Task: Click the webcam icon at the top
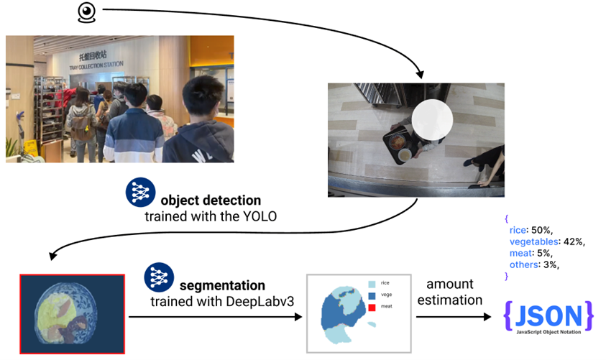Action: [86, 14]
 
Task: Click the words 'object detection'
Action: [211, 200]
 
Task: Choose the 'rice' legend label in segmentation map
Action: [385, 284]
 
